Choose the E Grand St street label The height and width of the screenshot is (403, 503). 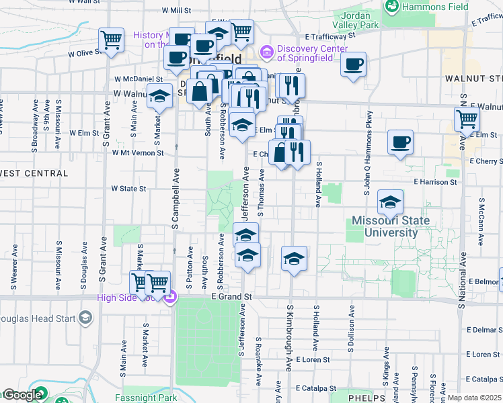(x=231, y=296)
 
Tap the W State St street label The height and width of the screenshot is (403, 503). (x=128, y=189)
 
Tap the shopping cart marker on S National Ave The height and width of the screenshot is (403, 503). (x=467, y=120)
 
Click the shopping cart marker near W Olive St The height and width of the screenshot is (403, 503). (x=111, y=40)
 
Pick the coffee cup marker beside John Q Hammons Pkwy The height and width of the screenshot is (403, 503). (x=400, y=142)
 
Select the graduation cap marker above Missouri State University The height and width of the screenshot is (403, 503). (x=390, y=201)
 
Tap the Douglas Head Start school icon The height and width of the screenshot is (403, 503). (x=85, y=317)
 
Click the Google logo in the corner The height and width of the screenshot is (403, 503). (x=22, y=396)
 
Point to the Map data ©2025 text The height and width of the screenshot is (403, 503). (x=474, y=398)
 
